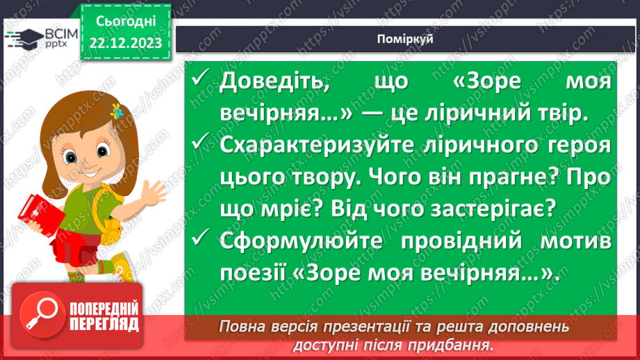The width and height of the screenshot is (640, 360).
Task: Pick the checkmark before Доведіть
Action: pos(202,81)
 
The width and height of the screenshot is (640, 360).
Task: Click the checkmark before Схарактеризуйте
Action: pos(202,144)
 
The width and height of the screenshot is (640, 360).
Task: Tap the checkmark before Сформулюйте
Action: pos(202,240)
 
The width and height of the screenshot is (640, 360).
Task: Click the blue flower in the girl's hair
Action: pos(117,111)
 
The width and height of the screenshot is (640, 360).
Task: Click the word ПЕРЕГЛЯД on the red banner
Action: pos(104,325)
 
